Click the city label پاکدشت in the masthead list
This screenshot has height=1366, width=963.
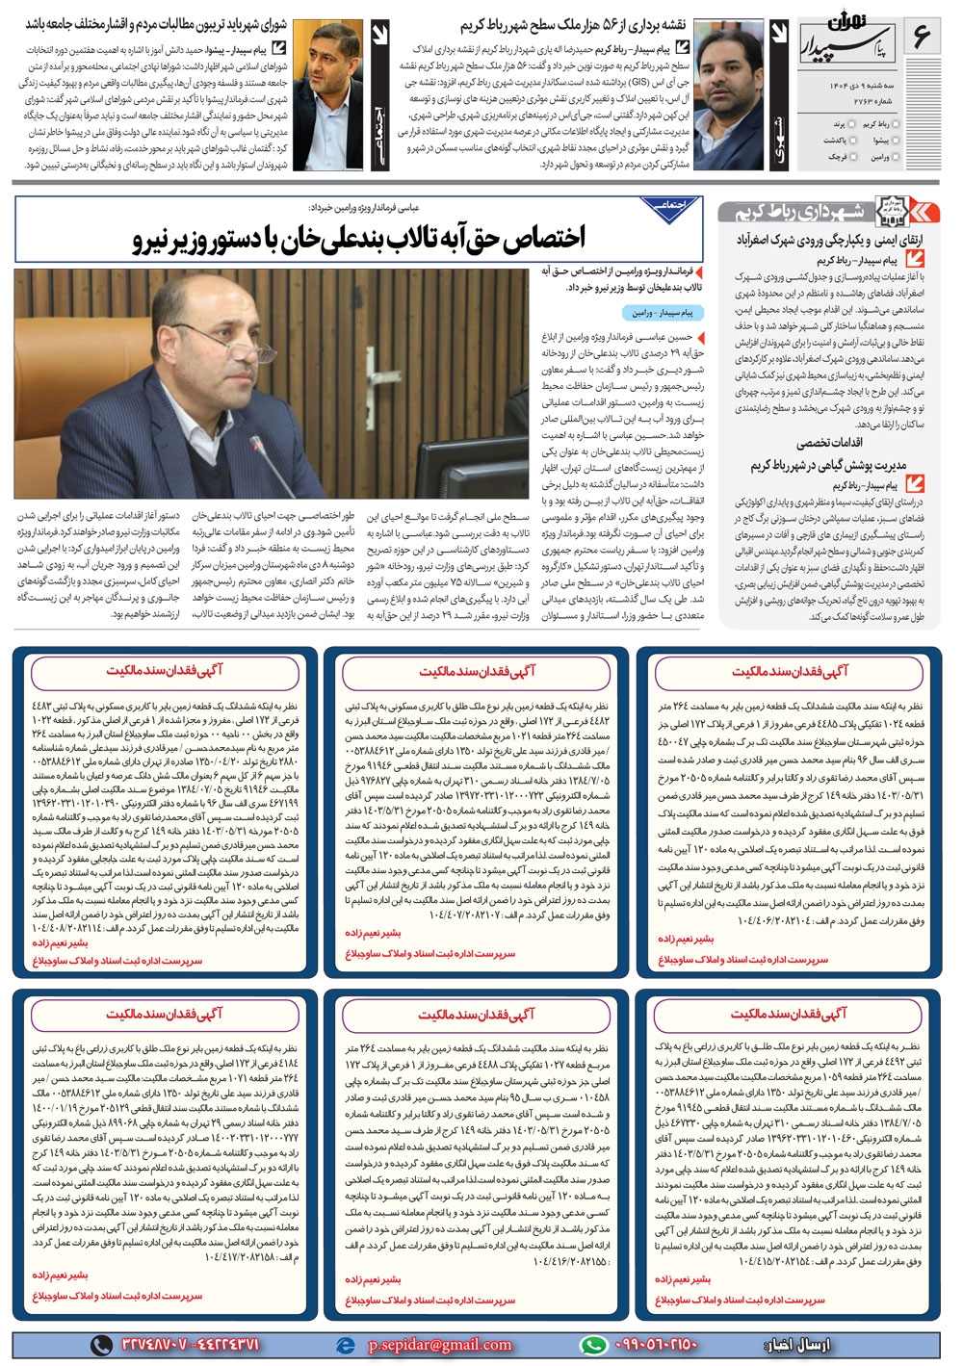pyautogui.click(x=833, y=140)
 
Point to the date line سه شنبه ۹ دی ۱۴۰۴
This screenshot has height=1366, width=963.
pyautogui.click(x=866, y=86)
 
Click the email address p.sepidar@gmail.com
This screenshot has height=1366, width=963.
pyautogui.click(x=439, y=1345)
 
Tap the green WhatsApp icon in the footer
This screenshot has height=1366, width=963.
pyautogui.click(x=594, y=1345)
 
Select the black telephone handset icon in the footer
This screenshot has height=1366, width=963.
pyautogui.click(x=101, y=1345)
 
